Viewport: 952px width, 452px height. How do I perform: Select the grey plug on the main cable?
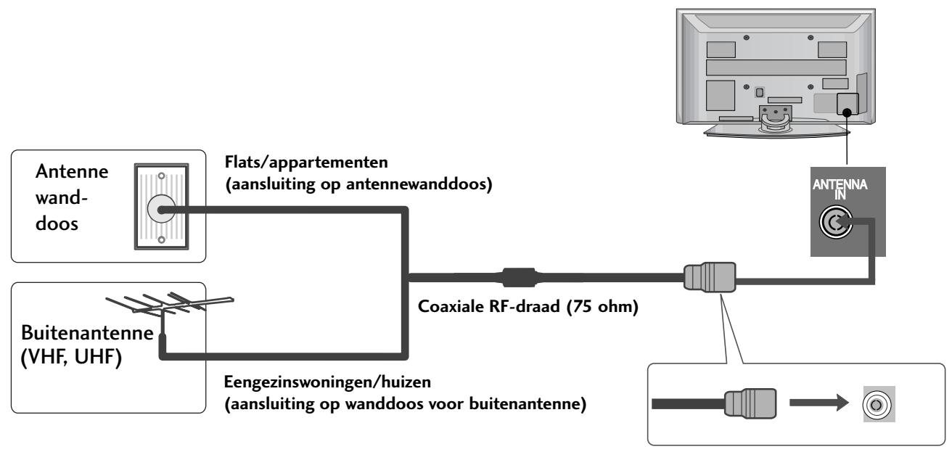(x=708, y=277)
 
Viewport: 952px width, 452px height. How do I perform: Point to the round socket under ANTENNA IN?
(x=845, y=223)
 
